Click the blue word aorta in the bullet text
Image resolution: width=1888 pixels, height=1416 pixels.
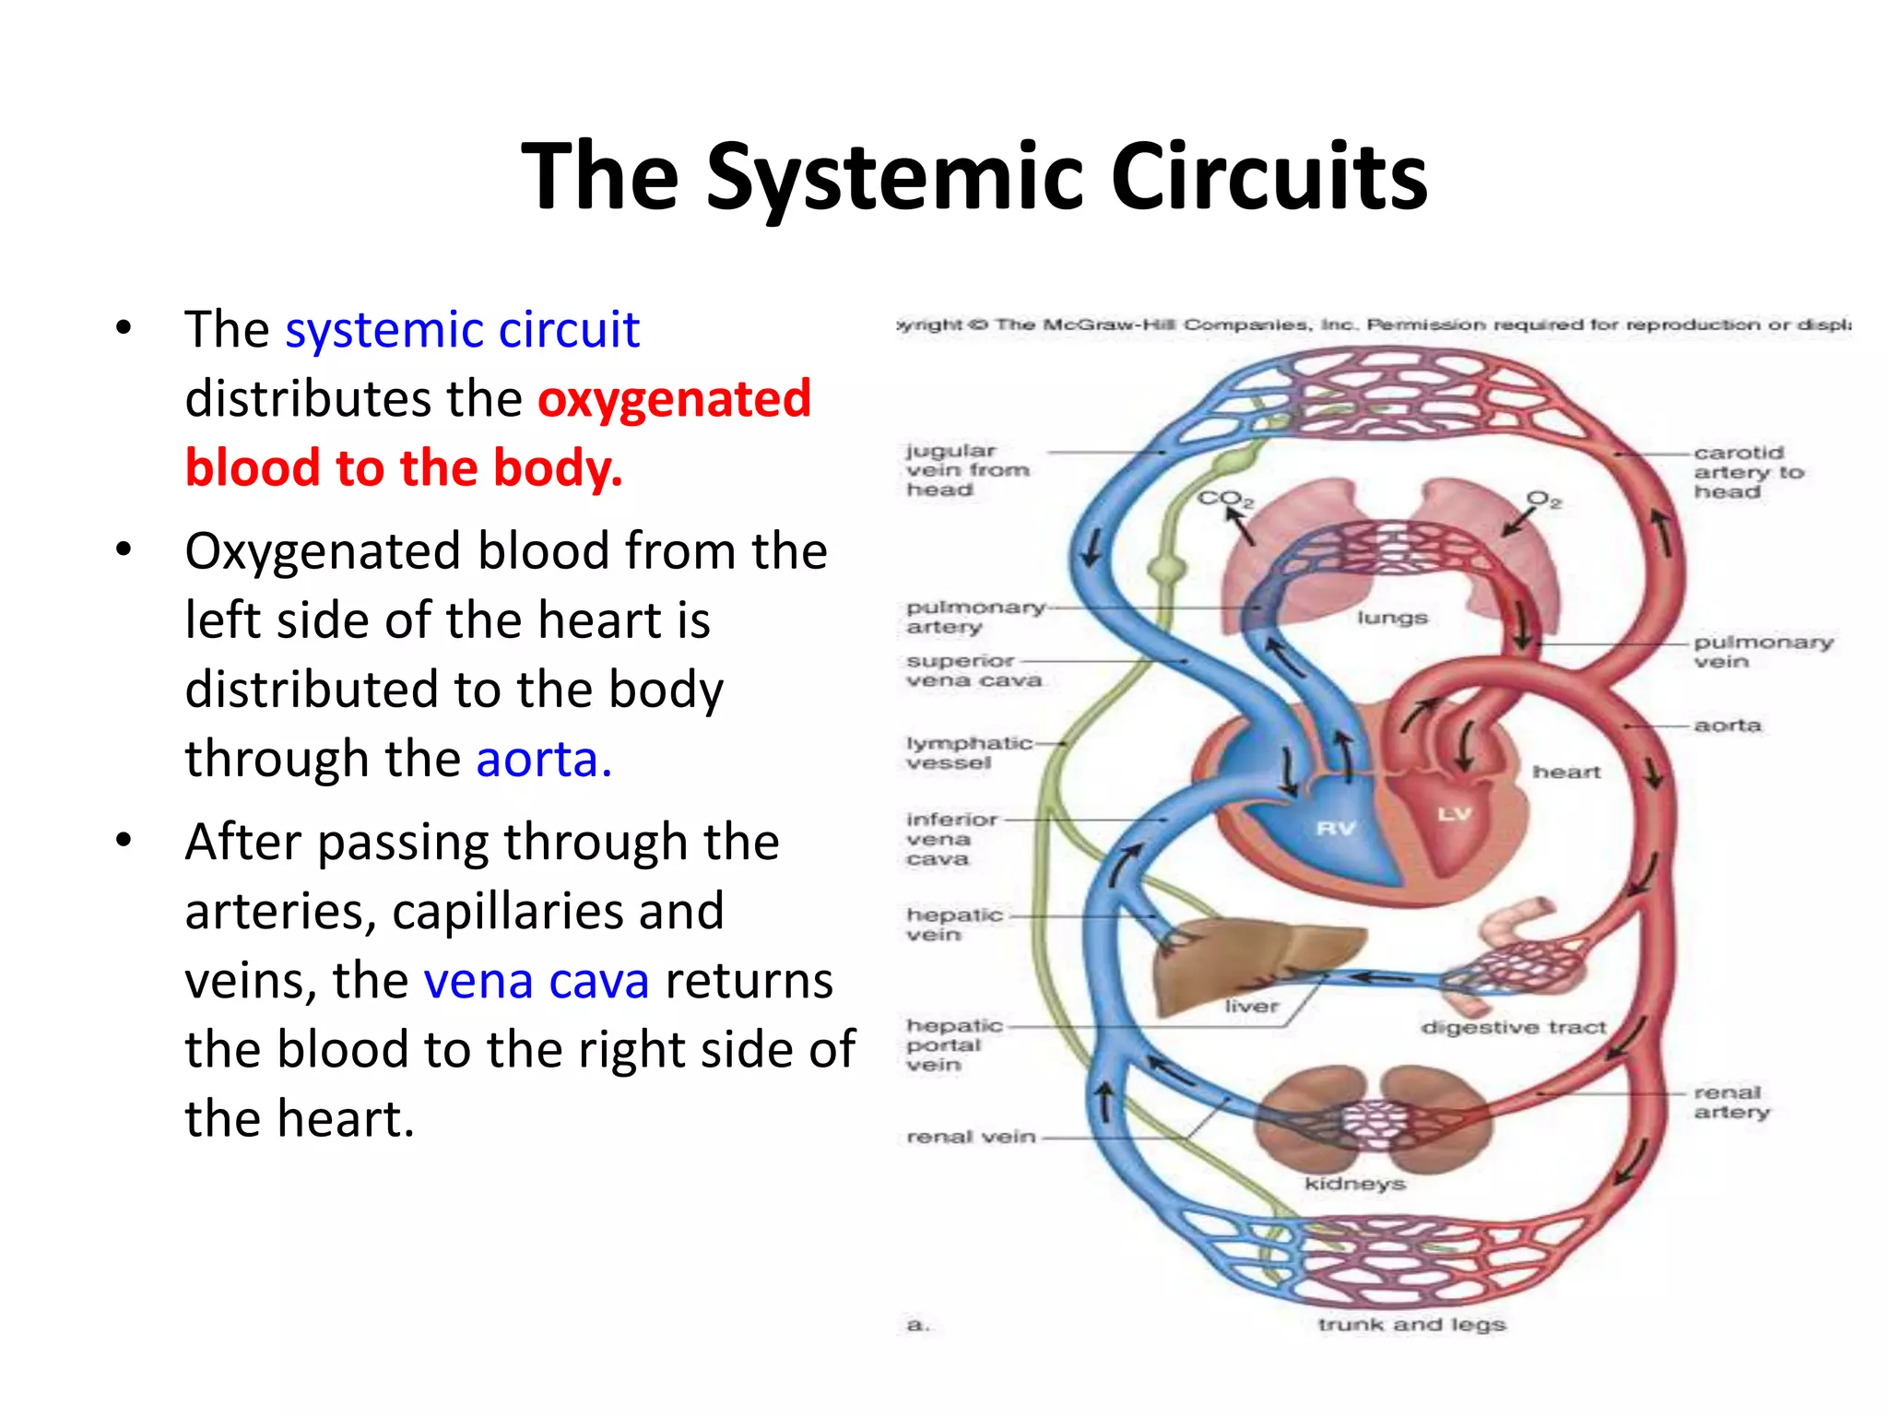[x=543, y=760]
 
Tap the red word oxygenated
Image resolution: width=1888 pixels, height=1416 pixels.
[x=674, y=399]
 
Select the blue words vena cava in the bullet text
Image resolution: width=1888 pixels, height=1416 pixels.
[x=536, y=980]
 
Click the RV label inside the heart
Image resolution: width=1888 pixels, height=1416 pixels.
[x=1336, y=827]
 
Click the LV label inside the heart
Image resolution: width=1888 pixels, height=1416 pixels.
[x=1455, y=813]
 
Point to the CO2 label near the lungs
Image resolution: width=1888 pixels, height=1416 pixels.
[x=1225, y=499]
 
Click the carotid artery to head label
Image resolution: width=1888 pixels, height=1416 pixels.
[x=1746, y=472]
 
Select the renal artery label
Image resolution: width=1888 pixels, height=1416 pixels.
[x=1730, y=1102]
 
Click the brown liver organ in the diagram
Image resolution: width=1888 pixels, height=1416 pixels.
[x=1235, y=959]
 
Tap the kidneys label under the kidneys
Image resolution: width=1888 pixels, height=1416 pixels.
[x=1354, y=1183]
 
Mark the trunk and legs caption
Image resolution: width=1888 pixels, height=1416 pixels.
[x=1410, y=1325]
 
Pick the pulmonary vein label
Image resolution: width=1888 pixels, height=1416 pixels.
[x=1762, y=651]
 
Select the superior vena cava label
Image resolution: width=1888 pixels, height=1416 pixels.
[x=973, y=670]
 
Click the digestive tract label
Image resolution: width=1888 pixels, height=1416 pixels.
[x=1513, y=1027]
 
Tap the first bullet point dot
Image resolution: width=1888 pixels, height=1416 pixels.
[x=124, y=329]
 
